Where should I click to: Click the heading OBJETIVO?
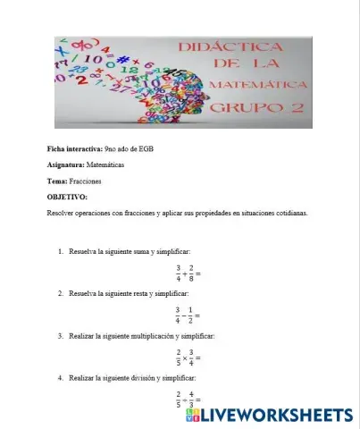67,197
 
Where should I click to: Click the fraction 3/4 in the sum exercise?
179,272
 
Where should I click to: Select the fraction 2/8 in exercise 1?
191,272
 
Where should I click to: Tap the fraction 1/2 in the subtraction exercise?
191,315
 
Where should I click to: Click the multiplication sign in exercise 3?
185,357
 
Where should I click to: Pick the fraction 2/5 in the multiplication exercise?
179,357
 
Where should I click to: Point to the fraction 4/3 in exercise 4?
191,399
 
